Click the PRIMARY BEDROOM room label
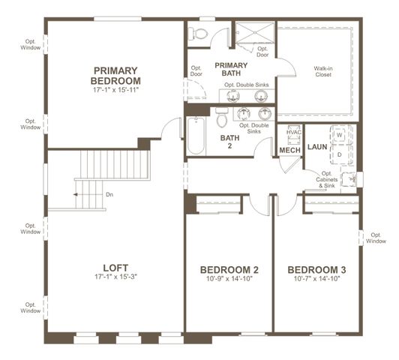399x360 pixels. (x=116, y=75)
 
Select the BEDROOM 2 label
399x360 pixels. (x=229, y=270)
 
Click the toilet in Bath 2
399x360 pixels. (x=221, y=119)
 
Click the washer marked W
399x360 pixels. (x=339, y=135)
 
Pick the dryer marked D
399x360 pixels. (x=339, y=154)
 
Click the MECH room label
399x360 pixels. (x=290, y=151)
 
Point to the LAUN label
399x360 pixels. (x=317, y=147)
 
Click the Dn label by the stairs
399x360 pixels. (x=109, y=195)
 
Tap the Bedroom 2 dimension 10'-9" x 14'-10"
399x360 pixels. (x=229, y=280)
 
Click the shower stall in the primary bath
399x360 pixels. (x=255, y=34)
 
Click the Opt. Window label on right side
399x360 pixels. (x=376, y=238)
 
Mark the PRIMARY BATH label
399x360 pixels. (x=231, y=70)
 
